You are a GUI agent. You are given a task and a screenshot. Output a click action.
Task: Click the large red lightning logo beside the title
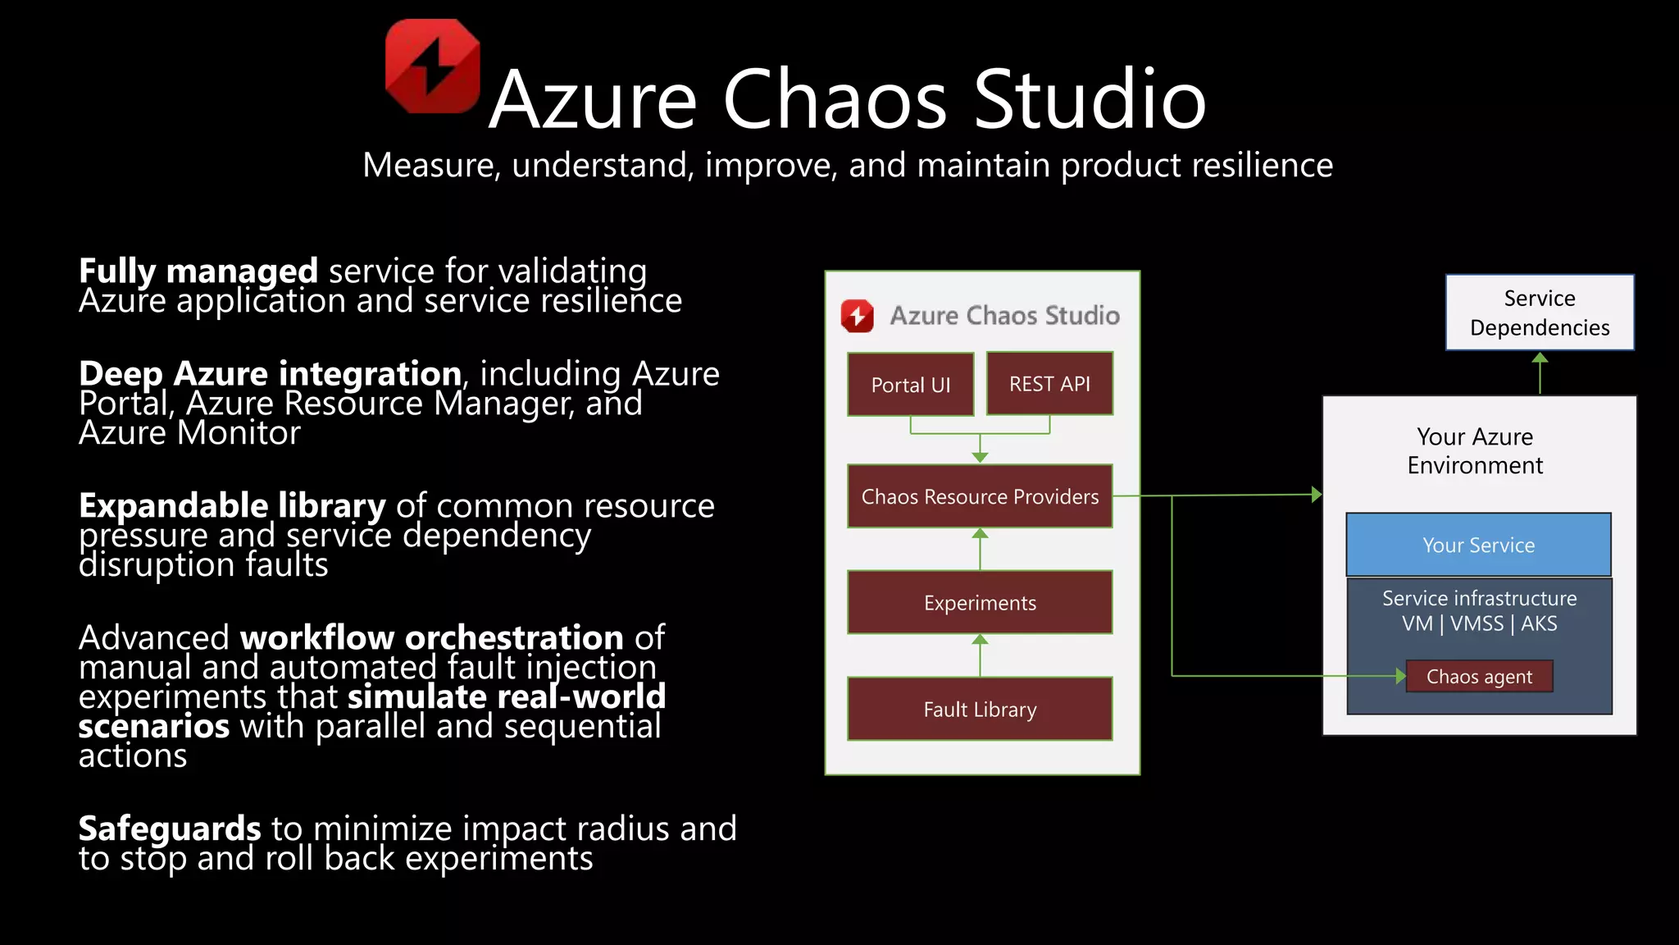(x=432, y=66)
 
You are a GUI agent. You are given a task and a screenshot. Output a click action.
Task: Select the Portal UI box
(x=910, y=385)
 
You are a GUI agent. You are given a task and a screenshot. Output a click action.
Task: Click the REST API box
(x=1049, y=384)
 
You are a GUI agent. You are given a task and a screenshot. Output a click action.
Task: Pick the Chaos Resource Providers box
(x=980, y=496)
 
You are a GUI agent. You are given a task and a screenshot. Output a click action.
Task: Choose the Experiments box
(x=980, y=603)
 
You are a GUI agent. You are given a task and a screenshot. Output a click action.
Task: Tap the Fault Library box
(x=980, y=710)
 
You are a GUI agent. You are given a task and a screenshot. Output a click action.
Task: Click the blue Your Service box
(x=1478, y=546)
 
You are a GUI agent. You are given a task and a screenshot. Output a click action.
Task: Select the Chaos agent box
(x=1479, y=677)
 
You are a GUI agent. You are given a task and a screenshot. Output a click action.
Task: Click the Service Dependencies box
(x=1540, y=313)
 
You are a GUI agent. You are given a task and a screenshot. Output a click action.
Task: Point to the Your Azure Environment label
(x=1475, y=451)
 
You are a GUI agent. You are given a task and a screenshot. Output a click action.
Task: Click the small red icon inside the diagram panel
(x=858, y=316)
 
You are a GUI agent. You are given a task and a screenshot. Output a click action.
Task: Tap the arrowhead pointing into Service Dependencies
(x=1540, y=358)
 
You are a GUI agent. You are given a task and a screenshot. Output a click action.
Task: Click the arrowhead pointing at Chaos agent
(x=1400, y=676)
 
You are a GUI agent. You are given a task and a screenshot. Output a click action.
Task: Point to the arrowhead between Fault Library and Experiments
(x=980, y=640)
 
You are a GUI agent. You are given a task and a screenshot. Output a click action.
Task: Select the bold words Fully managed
(x=198, y=271)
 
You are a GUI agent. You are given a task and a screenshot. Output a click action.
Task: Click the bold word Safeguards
(x=170, y=829)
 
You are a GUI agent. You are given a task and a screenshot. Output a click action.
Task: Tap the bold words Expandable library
(x=232, y=505)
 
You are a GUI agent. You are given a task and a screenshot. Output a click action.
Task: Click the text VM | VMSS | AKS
(x=1479, y=623)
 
